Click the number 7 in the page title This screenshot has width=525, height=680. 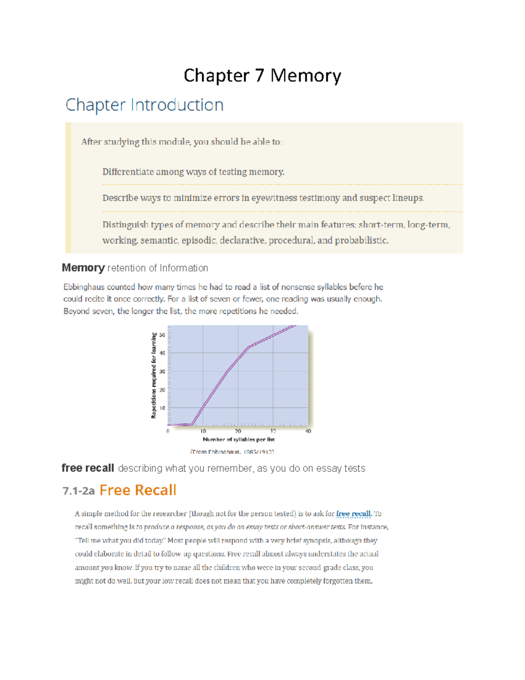tap(260, 75)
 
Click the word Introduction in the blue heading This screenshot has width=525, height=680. tap(177, 105)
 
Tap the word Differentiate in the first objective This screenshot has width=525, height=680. tap(128, 172)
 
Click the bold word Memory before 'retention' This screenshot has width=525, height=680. tap(83, 268)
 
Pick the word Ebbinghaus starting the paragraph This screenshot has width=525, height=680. tap(84, 287)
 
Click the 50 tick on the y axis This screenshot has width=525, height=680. tap(162, 335)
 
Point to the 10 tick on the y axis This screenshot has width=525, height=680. tap(162, 408)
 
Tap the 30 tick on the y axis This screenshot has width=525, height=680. tap(162, 372)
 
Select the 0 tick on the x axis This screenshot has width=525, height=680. tap(168, 431)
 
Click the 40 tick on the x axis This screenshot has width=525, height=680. tap(308, 431)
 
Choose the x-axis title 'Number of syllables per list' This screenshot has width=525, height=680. tap(238, 439)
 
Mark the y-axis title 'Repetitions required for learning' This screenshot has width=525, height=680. tap(154, 375)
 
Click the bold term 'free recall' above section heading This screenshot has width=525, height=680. tap(88, 468)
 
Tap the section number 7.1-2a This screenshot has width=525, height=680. tap(79, 491)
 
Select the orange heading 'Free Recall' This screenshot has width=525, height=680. tap(138, 490)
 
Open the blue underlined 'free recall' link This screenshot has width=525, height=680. tap(353, 514)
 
